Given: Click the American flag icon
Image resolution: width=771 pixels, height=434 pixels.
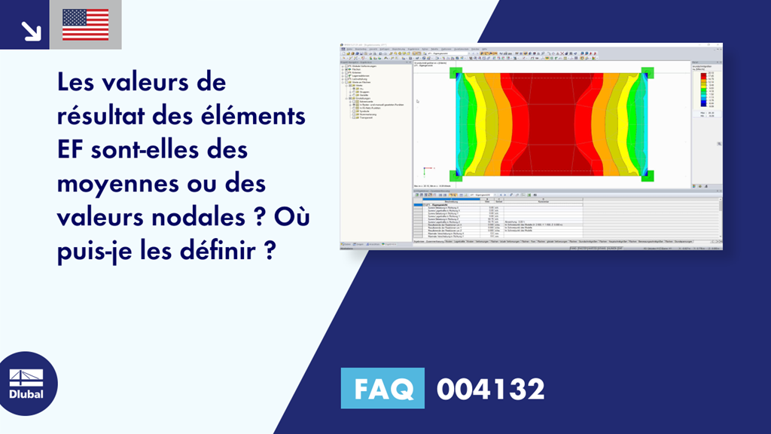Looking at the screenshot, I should pos(85,25).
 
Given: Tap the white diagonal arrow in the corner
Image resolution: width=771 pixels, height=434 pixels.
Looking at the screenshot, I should pos(30,29).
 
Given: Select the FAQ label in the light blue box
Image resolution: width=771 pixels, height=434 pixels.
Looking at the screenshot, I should pos(382,390).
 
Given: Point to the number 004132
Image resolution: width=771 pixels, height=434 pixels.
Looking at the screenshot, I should pos(490,390).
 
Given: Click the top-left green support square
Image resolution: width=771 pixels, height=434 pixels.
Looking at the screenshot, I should pos(456,72).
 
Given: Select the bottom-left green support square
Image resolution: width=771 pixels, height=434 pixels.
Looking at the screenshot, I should pos(456,176).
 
